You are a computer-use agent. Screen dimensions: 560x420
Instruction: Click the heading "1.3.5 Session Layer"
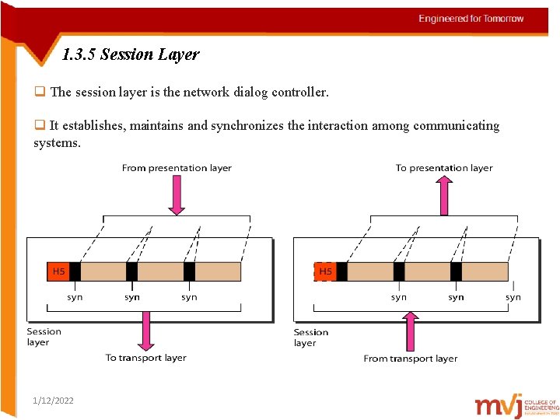pos(131,54)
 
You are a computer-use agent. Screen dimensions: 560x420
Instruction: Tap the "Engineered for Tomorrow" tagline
pos(471,19)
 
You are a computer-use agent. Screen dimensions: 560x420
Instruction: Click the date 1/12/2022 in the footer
pos(54,401)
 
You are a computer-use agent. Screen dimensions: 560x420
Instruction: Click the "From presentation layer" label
pos(177,168)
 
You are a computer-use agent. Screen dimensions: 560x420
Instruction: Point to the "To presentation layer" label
pos(444,168)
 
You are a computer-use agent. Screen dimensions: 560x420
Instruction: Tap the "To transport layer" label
pos(146,358)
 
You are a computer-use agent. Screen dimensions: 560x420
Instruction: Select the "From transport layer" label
pos(410,359)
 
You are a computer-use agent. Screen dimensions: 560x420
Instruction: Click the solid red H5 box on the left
pos(58,271)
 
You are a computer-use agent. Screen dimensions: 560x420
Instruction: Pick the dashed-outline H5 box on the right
pos(325,271)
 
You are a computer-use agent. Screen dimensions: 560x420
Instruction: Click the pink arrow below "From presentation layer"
pos(177,194)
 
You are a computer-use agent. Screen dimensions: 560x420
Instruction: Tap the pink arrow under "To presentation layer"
pos(444,194)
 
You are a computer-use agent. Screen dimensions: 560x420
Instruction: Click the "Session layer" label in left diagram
pos(44,337)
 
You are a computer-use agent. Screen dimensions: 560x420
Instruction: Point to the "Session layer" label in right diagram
pos(310,338)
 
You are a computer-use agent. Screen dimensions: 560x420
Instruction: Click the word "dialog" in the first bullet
pos(246,93)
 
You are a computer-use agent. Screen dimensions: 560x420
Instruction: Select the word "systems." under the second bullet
pos(57,142)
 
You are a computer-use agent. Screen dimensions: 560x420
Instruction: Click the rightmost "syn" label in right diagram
pos(513,297)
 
